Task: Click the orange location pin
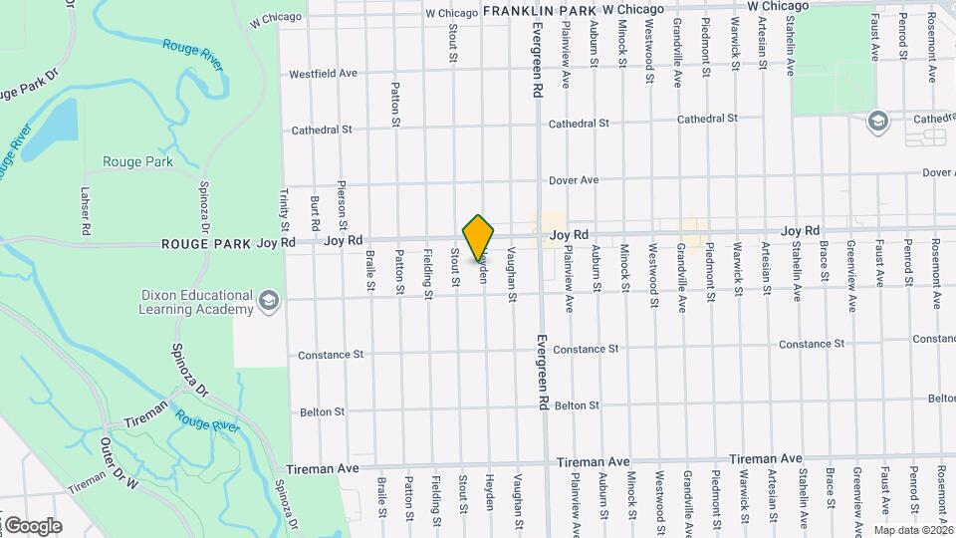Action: [x=479, y=237]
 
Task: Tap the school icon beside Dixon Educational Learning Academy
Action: [x=268, y=300]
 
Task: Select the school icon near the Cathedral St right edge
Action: [x=877, y=121]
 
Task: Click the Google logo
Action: [x=32, y=525]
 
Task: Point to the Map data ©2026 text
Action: [x=914, y=529]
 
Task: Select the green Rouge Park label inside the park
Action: [x=137, y=161]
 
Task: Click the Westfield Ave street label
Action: [x=323, y=74]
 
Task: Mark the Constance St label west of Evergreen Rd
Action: [x=331, y=355]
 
